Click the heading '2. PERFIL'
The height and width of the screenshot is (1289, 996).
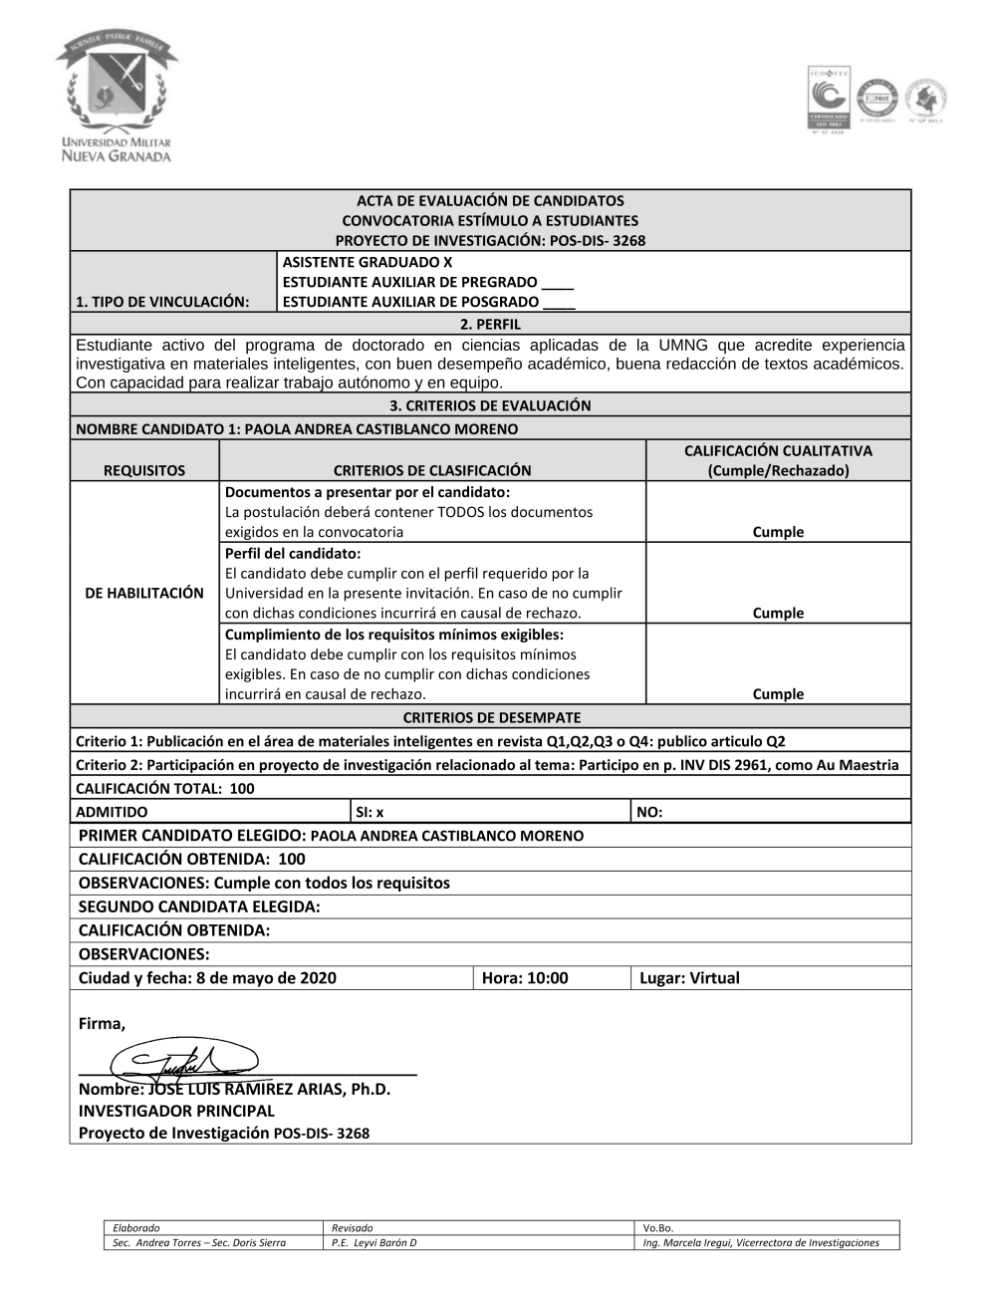490,324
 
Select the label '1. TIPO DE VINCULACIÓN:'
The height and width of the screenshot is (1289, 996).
162,301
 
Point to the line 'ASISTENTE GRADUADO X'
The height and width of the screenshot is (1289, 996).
368,262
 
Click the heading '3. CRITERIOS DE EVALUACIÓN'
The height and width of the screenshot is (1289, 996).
490,405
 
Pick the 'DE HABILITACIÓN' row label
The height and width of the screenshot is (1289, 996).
144,593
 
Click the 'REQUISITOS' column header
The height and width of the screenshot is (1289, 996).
144,470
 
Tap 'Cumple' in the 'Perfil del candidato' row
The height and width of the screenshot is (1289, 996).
778,613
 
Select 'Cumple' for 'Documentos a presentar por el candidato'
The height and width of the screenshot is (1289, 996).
778,532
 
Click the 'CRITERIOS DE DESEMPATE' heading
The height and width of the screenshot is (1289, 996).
491,717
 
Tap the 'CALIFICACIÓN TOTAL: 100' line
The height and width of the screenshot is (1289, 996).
165,788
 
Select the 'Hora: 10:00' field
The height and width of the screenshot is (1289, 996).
525,978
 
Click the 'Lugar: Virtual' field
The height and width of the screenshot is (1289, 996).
689,978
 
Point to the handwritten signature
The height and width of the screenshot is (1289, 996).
184,1063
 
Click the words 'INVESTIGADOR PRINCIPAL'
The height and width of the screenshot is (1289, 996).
176,1111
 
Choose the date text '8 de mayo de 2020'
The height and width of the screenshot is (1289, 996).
266,978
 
